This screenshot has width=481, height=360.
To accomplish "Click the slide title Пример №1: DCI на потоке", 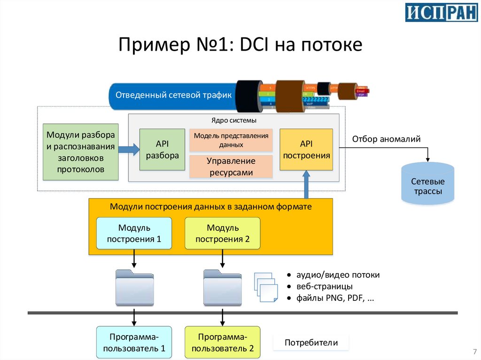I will click(240, 46).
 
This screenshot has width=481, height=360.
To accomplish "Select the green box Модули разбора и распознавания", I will click(80, 152).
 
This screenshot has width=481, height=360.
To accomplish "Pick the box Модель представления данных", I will click(231, 140).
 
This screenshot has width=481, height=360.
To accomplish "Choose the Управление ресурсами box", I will click(231, 167).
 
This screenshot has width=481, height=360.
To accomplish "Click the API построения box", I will click(306, 149).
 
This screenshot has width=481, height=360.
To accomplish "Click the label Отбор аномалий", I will click(386, 139).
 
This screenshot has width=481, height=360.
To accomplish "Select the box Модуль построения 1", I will click(134, 233).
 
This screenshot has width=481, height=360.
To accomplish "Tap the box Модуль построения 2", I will click(222, 233).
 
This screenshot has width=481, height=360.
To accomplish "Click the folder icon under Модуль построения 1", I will click(134, 288).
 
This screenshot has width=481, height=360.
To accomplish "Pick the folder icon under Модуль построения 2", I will click(222, 288).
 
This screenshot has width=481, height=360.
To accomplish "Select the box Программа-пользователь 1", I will click(134, 343).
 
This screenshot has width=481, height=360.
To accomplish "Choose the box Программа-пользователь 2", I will click(222, 343).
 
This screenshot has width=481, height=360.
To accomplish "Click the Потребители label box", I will click(311, 343).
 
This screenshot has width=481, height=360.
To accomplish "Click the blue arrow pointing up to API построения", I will click(306, 184).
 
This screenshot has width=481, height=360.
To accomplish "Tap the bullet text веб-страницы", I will click(324, 286).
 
